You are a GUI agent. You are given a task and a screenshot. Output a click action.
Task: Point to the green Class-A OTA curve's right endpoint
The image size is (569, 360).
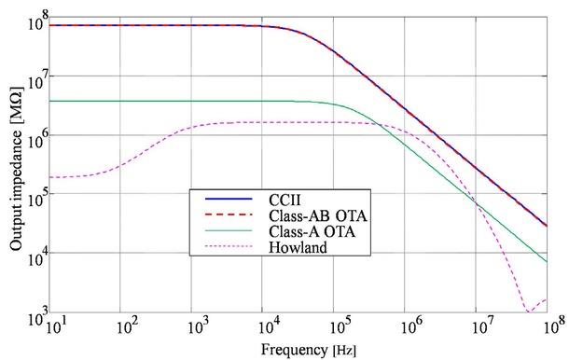547,262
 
